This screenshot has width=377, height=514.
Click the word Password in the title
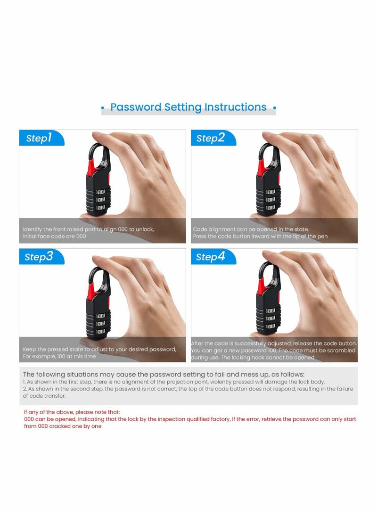click(x=136, y=107)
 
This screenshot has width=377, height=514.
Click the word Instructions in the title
click(x=235, y=107)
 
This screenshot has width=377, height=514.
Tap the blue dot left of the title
click(x=103, y=108)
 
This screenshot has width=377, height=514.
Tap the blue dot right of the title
click(x=275, y=108)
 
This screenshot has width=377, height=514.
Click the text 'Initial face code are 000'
click(x=55, y=237)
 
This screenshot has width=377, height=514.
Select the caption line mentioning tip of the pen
click(x=260, y=237)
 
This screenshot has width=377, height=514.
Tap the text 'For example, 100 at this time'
click(x=59, y=356)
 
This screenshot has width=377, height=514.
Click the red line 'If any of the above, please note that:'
click(x=72, y=412)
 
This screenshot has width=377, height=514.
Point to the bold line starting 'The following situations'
click(x=164, y=374)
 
